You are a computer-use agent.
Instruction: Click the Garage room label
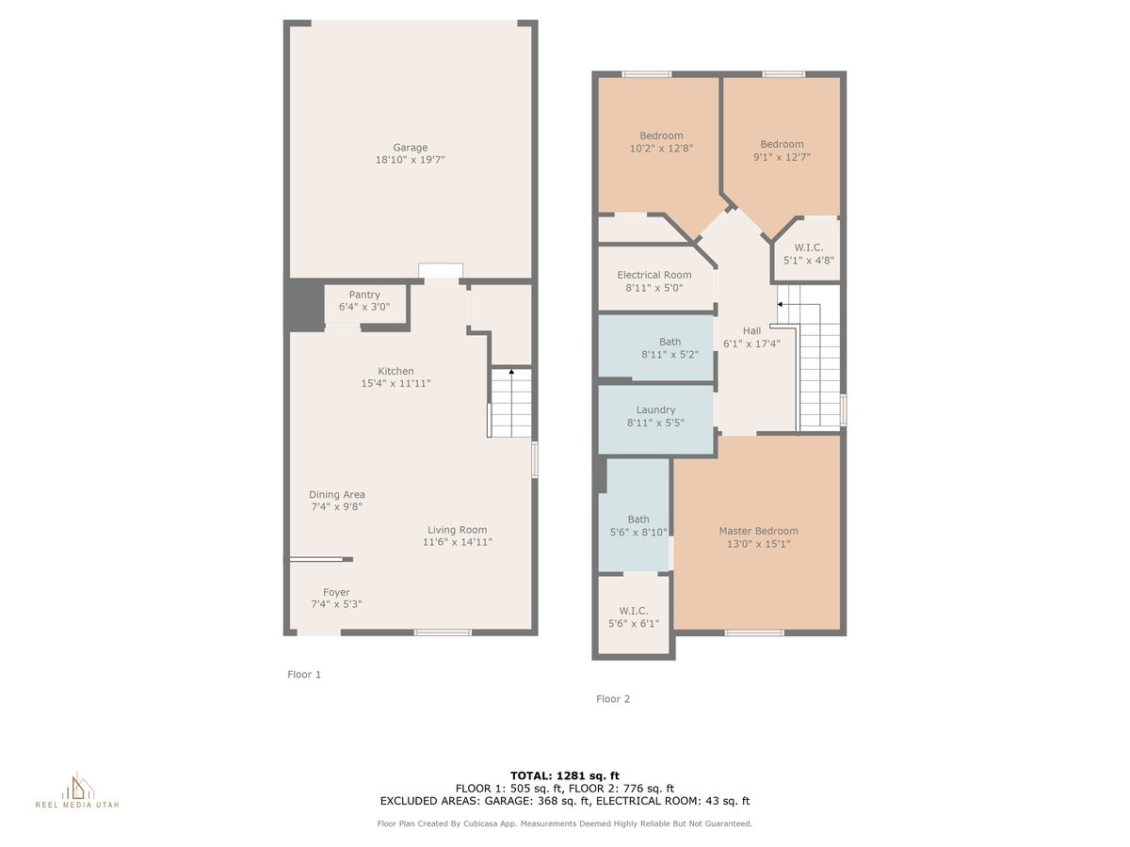pos(410,148)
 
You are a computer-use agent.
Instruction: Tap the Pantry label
pos(364,295)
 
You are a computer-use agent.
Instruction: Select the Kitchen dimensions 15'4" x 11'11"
pos(395,384)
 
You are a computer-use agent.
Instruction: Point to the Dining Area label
pos(337,495)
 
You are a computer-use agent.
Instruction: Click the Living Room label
pos(457,530)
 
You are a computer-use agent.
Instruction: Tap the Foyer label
pos(336,593)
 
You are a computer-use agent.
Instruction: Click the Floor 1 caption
pos(304,675)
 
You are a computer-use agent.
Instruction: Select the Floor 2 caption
pos(613,699)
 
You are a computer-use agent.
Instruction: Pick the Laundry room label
pos(655,410)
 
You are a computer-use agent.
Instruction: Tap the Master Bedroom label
pos(758,531)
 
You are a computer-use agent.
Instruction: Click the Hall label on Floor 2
pos(751,331)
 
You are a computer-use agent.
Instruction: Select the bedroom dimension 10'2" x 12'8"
pos(661,149)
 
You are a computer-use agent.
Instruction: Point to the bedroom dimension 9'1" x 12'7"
pos(782,157)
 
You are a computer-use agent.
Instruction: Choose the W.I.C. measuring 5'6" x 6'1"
pos(634,612)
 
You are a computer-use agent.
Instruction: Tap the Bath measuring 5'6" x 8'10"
pos(638,519)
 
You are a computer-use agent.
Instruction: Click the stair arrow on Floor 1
pos(511,373)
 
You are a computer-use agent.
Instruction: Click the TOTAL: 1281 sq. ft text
pos(564,775)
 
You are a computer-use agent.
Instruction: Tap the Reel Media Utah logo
pos(77,791)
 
